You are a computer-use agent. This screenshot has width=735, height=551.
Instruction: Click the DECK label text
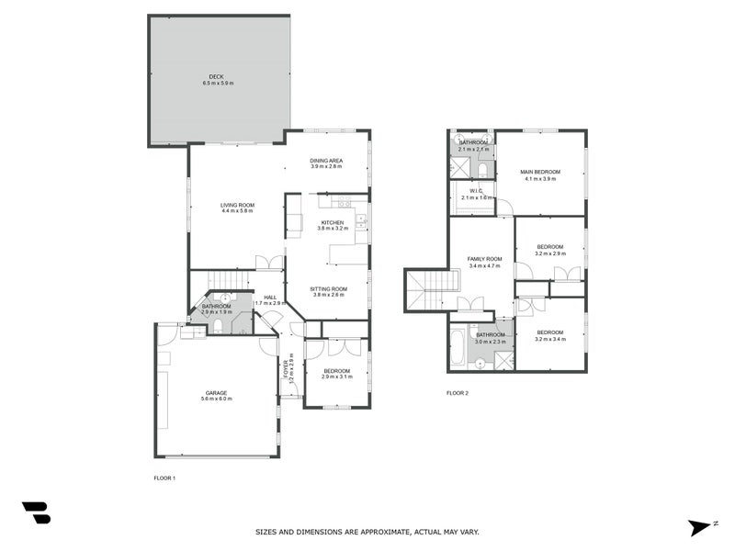(x=216, y=77)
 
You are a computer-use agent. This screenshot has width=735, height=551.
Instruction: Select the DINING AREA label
(x=326, y=161)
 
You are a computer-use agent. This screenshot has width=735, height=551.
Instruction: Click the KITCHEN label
(x=332, y=222)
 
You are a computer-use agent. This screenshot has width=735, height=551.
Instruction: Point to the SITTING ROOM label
(x=328, y=288)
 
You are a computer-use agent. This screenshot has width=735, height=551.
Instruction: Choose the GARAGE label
(x=216, y=392)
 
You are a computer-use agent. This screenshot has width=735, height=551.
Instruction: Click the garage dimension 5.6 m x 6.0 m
(x=216, y=399)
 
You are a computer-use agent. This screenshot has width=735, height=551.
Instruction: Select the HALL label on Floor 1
(x=270, y=297)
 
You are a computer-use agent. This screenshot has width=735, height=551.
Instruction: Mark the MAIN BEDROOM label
(x=540, y=172)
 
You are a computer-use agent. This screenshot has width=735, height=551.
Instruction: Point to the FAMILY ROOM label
(x=483, y=259)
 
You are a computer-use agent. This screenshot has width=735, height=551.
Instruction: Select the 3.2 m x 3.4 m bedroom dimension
(x=550, y=339)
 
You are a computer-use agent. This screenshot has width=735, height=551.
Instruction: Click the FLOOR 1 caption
(x=164, y=478)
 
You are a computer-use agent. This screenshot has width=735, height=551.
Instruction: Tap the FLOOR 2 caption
(x=458, y=393)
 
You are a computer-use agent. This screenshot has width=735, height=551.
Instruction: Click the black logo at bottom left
(x=36, y=512)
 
